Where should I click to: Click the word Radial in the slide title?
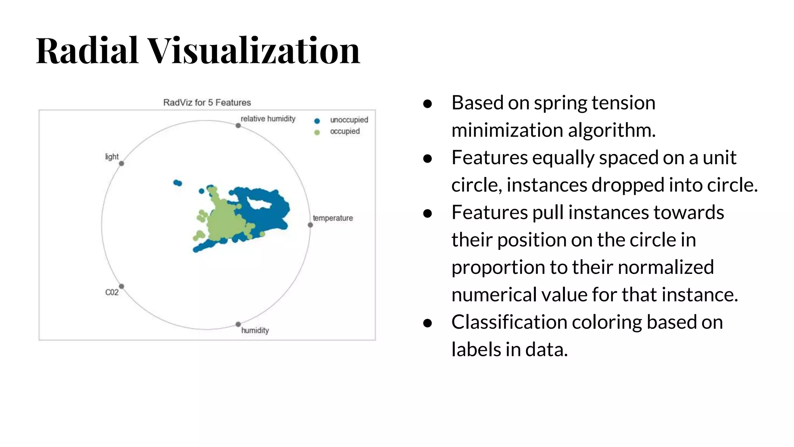click(x=87, y=50)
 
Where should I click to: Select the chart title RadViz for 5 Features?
click(x=207, y=102)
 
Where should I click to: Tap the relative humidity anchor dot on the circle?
click(x=238, y=125)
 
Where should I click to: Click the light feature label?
click(x=112, y=157)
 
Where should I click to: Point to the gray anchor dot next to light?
click(x=121, y=163)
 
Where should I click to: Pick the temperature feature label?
click(x=333, y=218)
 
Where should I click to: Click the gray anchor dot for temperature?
click(x=310, y=225)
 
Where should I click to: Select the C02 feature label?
click(x=112, y=292)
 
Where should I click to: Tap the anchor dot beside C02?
click(x=121, y=286)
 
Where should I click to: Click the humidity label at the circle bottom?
click(x=255, y=330)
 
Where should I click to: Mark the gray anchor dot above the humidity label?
click(x=238, y=324)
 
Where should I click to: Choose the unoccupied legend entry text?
click(x=349, y=120)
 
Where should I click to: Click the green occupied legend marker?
click(x=317, y=132)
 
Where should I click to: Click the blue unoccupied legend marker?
click(x=317, y=121)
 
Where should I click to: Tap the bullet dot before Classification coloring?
click(x=427, y=323)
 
